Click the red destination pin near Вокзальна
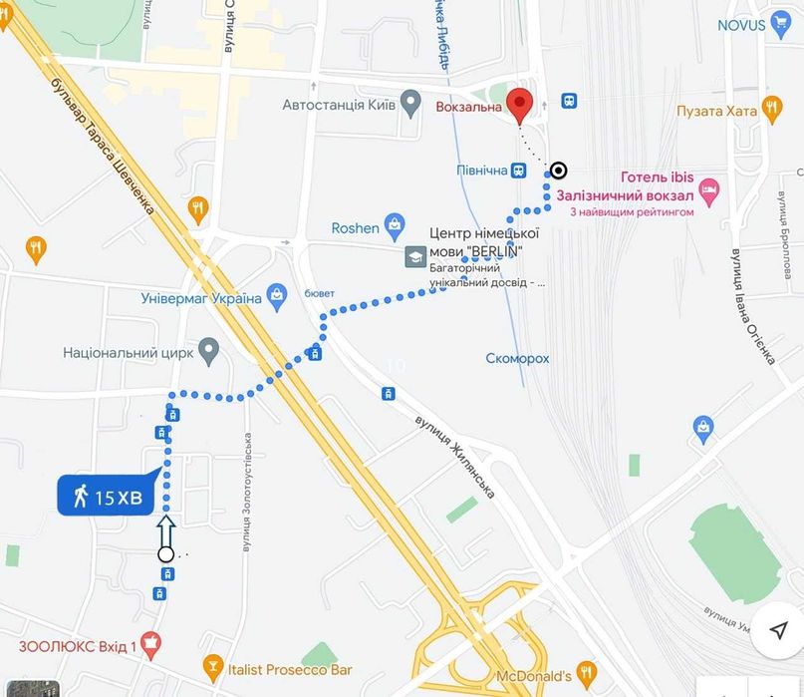pos(519,103)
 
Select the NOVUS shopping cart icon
pos(780,25)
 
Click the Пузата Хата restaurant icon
pos(772,108)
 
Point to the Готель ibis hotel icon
pos(708,188)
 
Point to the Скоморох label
pos(517,358)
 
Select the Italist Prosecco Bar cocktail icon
pos(212,666)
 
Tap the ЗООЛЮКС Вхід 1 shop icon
pos(150,645)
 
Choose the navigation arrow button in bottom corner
pos(778,630)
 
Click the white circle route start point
pos(166,554)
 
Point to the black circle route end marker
pos(559,170)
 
